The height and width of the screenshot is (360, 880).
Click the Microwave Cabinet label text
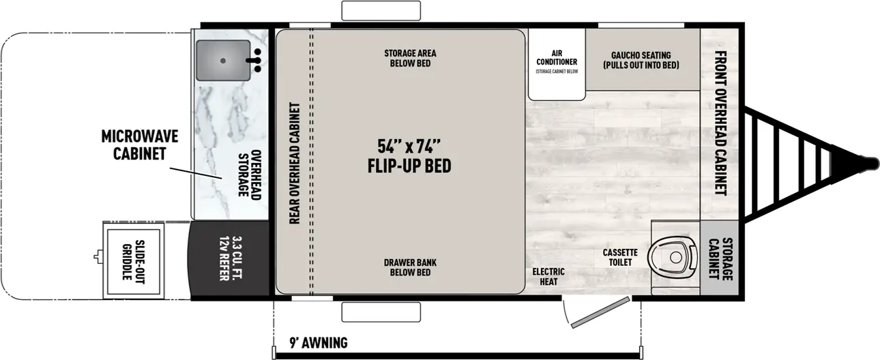click(139, 145)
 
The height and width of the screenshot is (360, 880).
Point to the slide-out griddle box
click(128, 260)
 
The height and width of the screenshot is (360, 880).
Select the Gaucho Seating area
click(641, 60)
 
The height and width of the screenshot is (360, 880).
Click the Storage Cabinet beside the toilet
click(720, 258)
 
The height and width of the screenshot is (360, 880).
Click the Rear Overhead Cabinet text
click(295, 162)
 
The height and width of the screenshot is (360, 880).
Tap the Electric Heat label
click(548, 276)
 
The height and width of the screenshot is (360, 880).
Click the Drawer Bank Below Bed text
click(409, 267)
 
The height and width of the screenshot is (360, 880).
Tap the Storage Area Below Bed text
click(409, 58)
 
